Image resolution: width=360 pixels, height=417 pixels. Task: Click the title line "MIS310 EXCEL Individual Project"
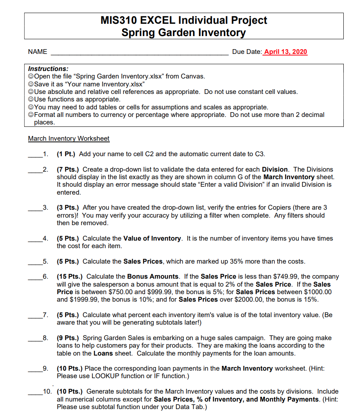(184, 20)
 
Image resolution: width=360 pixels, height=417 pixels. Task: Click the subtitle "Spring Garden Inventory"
(184, 33)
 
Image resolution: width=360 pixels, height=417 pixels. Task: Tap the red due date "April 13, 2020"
(285, 52)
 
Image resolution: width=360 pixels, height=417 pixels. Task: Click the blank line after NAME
(139, 52)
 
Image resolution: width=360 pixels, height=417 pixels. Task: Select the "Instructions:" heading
(48, 69)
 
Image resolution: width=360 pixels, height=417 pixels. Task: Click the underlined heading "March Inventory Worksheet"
(69, 138)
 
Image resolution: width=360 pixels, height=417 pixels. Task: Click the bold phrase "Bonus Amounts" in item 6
(153, 277)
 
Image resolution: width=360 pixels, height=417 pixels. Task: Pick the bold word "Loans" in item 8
(103, 353)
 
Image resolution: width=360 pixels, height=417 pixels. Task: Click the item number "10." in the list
(47, 392)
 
